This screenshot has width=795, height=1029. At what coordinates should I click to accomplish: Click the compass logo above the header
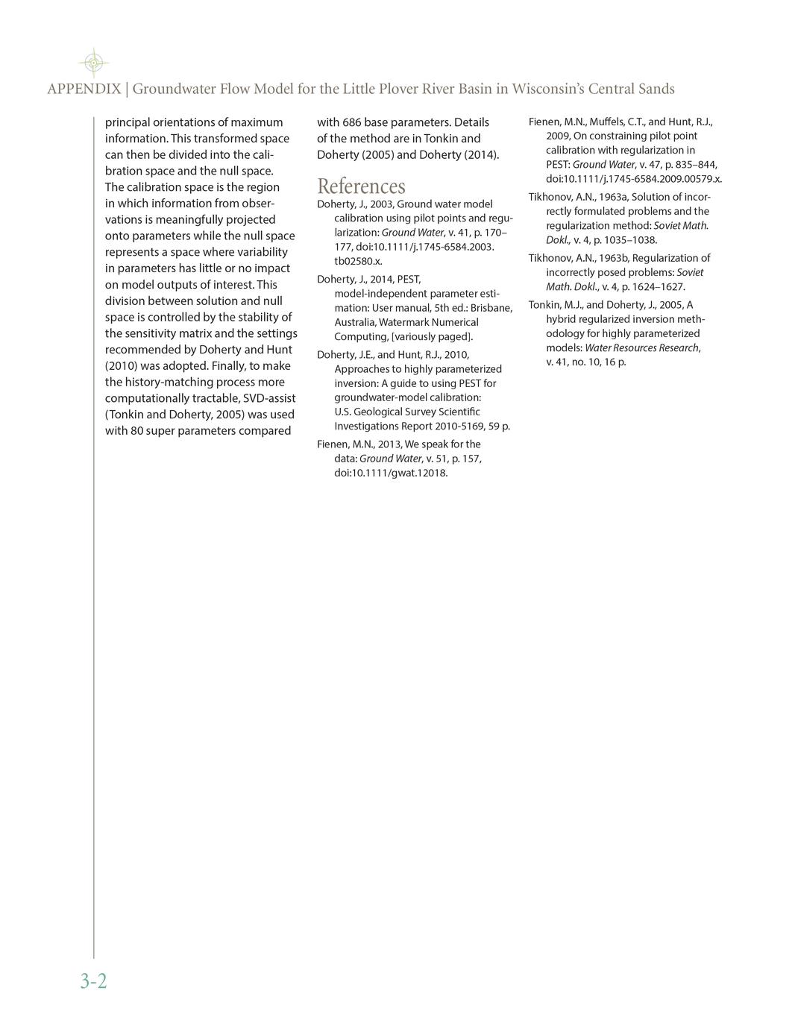92,63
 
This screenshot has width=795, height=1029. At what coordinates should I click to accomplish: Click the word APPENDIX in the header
84,89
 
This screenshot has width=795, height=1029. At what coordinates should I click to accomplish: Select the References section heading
361,186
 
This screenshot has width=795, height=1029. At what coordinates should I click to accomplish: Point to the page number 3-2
94,981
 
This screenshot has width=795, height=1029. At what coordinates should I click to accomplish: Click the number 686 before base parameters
352,122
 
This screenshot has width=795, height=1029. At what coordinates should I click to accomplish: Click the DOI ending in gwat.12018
391,473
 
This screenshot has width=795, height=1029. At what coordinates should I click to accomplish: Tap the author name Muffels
609,122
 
